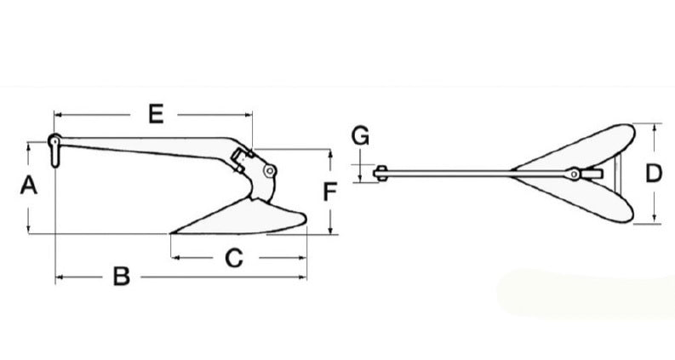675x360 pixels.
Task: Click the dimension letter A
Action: point(28,186)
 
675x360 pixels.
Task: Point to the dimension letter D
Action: point(653,174)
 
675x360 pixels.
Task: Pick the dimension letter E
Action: point(155,113)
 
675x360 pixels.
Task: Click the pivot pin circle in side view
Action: point(270,171)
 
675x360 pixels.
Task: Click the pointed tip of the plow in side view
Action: point(173,231)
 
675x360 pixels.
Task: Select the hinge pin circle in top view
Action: point(576,174)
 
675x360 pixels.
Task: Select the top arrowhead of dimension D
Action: point(654,128)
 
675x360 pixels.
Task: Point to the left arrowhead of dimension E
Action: point(58,113)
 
